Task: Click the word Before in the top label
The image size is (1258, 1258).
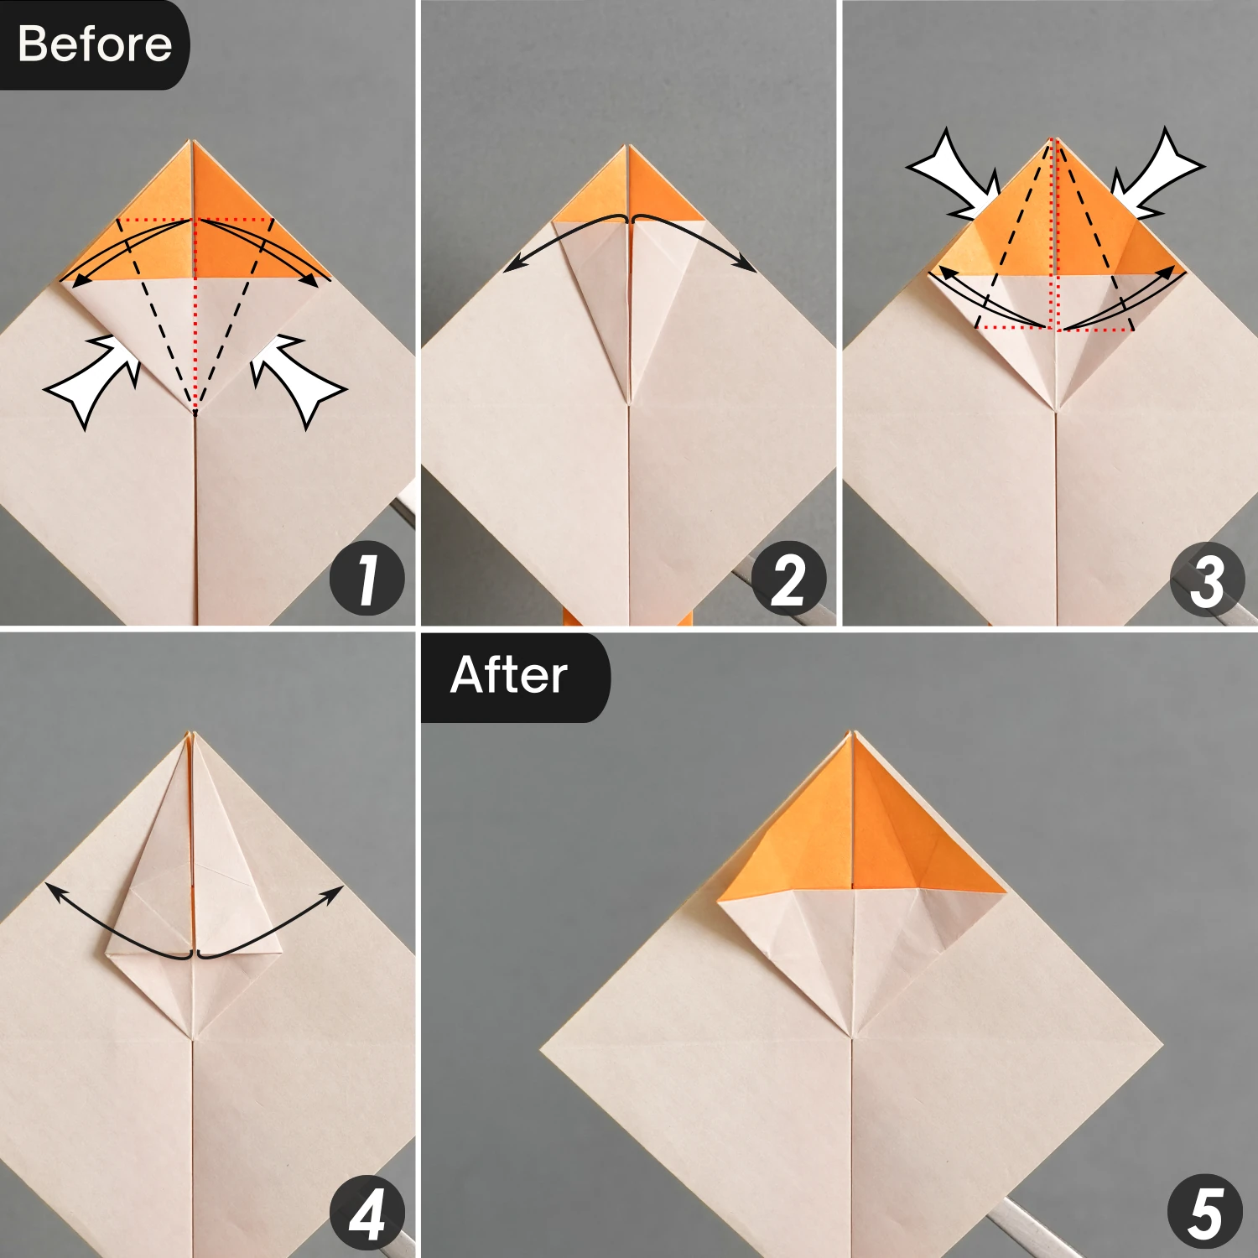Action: [x=94, y=44]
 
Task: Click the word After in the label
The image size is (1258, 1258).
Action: [x=508, y=675]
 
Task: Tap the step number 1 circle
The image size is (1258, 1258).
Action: [x=366, y=579]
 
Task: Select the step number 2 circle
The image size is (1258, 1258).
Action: [x=788, y=579]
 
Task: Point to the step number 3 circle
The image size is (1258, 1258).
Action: [x=1207, y=579]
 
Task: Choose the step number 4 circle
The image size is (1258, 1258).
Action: [x=366, y=1213]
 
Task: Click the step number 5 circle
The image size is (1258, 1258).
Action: [x=1204, y=1212]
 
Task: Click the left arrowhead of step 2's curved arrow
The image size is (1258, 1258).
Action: [x=510, y=267]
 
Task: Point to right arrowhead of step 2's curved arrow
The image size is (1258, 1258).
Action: [x=748, y=267]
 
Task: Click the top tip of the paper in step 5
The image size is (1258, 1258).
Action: [x=853, y=732]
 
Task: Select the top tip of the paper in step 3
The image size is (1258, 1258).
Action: [x=1055, y=139]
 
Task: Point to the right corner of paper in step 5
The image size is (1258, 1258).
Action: [x=1162, y=1044]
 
